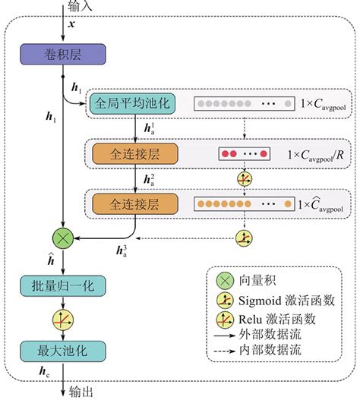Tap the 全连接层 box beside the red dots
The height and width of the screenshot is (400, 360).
point(135,153)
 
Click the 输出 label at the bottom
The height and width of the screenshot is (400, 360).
point(81,392)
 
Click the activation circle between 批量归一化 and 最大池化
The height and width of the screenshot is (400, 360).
point(60,318)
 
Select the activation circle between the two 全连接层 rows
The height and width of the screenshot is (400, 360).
point(244,179)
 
